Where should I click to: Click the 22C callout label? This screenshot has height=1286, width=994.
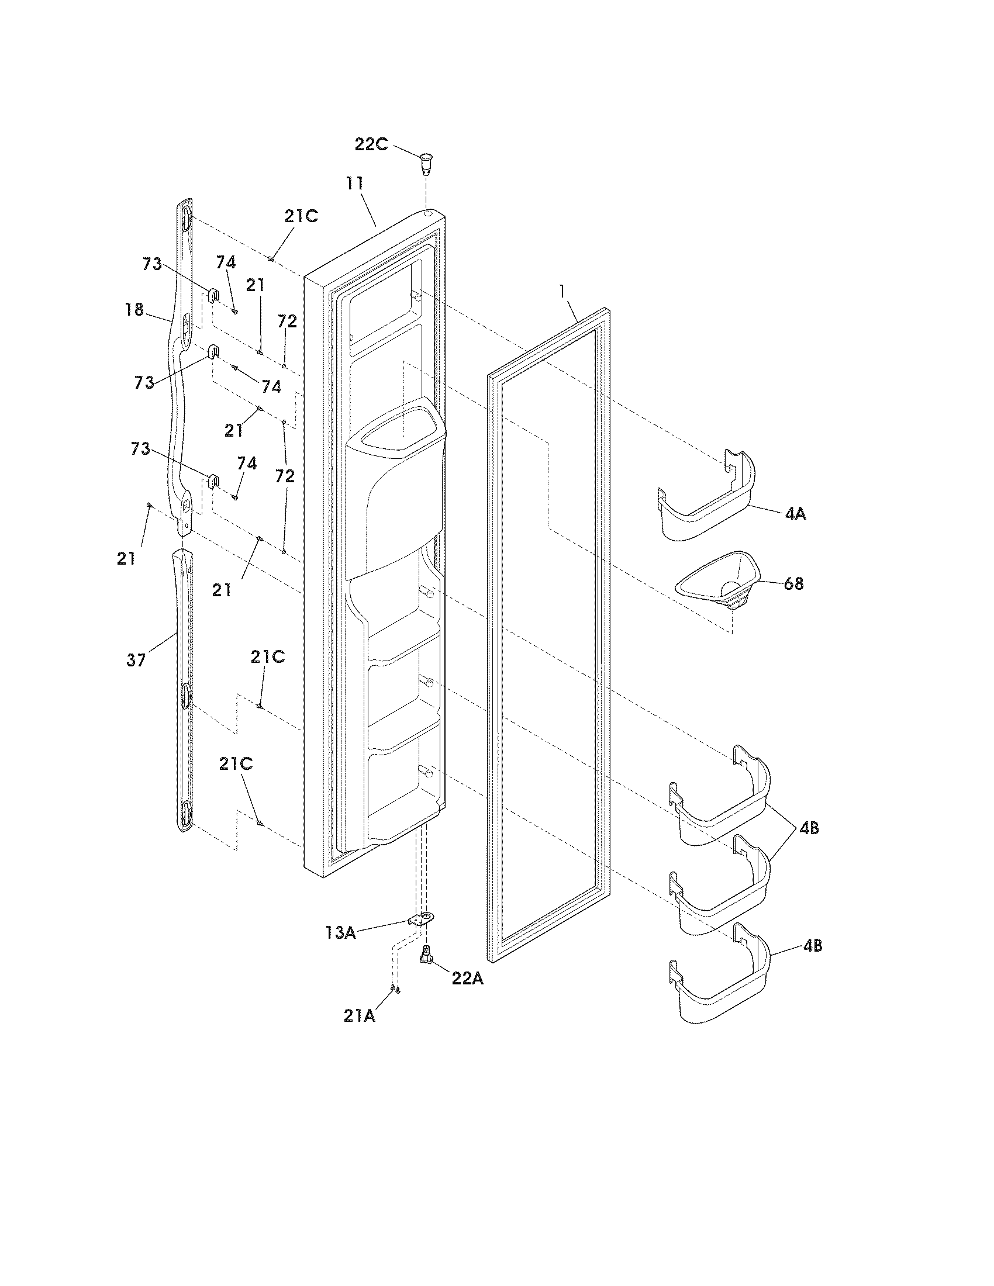[371, 144]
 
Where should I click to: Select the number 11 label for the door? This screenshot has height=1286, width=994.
[355, 183]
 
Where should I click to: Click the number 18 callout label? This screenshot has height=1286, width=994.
[135, 309]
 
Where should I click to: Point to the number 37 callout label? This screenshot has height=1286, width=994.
[136, 660]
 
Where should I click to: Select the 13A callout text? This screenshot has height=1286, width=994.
[340, 933]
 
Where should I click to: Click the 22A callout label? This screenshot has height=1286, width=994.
[468, 978]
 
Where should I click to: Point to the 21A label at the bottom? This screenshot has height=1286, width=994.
[359, 1016]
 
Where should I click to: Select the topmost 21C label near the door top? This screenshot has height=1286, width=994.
[301, 216]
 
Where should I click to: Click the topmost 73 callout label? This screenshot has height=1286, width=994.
[152, 264]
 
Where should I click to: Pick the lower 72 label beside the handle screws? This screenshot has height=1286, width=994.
[285, 476]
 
